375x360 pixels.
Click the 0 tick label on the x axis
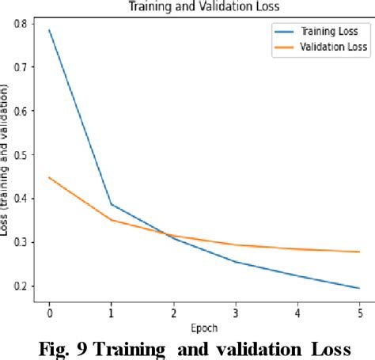pos(49,312)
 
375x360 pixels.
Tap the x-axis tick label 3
pos(236,312)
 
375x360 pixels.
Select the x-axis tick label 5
pos(359,312)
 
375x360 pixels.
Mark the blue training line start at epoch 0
pos(49,30)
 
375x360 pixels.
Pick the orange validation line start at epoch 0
pos(49,177)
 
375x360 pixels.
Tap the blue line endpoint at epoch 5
pos(359,288)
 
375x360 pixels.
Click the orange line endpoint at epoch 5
pos(359,252)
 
